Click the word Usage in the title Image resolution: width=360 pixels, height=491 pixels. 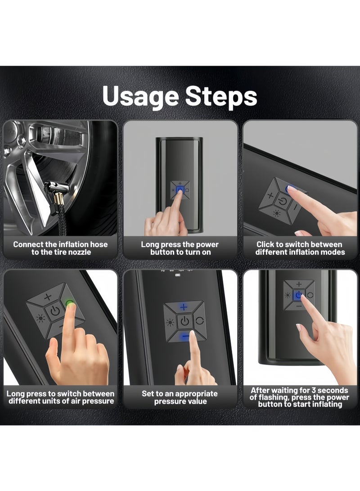point(140,96)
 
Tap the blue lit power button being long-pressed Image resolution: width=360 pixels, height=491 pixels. point(180,190)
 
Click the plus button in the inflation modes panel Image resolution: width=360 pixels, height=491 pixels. point(270,195)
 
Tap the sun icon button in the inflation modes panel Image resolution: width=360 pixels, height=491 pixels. point(277,213)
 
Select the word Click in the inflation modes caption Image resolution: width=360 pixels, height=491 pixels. point(266,244)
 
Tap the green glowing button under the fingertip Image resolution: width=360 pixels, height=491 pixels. point(69,303)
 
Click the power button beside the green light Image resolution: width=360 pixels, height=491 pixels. point(55,311)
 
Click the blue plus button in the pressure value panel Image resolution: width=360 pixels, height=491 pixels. point(184,307)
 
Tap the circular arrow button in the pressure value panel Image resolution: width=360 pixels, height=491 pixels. point(200,321)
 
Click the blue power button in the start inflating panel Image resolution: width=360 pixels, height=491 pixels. point(299,295)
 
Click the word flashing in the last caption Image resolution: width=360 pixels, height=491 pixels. point(272,398)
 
